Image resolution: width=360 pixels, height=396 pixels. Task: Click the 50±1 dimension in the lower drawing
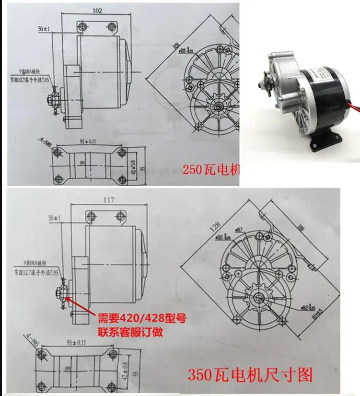pyautogui.click(x=55, y=219)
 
